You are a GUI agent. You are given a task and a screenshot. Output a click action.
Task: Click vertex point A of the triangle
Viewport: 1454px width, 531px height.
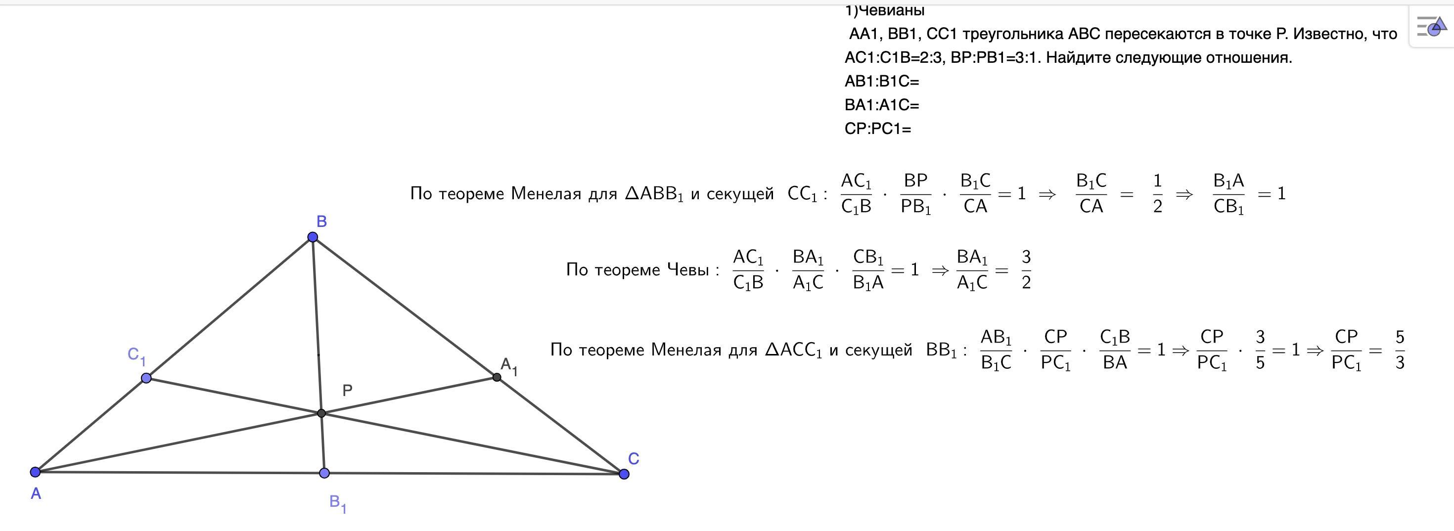[x=35, y=472]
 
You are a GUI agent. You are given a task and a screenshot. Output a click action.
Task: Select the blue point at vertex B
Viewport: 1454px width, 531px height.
[x=313, y=237]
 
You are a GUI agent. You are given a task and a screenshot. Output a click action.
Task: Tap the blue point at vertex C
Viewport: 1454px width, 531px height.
[x=624, y=474]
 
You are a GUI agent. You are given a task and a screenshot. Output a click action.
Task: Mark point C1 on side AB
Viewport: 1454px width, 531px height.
[x=146, y=378]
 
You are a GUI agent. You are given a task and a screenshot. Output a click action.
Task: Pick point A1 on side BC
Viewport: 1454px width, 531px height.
[x=497, y=377]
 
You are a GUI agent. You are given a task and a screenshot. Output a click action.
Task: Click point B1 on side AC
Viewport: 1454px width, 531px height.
[x=324, y=473]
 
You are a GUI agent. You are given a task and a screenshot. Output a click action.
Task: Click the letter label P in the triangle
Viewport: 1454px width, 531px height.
[x=347, y=390]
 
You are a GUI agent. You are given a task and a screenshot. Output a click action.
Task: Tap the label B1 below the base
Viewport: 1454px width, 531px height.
[x=337, y=503]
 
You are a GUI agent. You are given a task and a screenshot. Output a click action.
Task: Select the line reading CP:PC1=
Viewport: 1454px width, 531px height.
[x=878, y=129]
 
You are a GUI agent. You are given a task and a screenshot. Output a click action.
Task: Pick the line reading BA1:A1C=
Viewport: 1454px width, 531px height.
[x=882, y=105]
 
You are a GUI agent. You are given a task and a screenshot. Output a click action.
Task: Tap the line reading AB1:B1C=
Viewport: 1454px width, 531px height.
[x=882, y=81]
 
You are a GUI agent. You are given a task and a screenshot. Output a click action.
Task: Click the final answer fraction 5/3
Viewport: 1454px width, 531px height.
[x=1400, y=350]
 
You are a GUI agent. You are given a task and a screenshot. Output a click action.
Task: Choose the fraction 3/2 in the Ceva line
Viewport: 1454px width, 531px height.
[x=1026, y=270]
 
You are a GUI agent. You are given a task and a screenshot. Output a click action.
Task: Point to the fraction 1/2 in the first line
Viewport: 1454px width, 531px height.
[x=1158, y=193]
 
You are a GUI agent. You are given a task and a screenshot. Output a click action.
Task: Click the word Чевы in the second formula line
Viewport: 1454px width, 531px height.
[x=687, y=270]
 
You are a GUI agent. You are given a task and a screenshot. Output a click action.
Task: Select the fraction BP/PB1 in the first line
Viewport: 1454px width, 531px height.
[x=915, y=193]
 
